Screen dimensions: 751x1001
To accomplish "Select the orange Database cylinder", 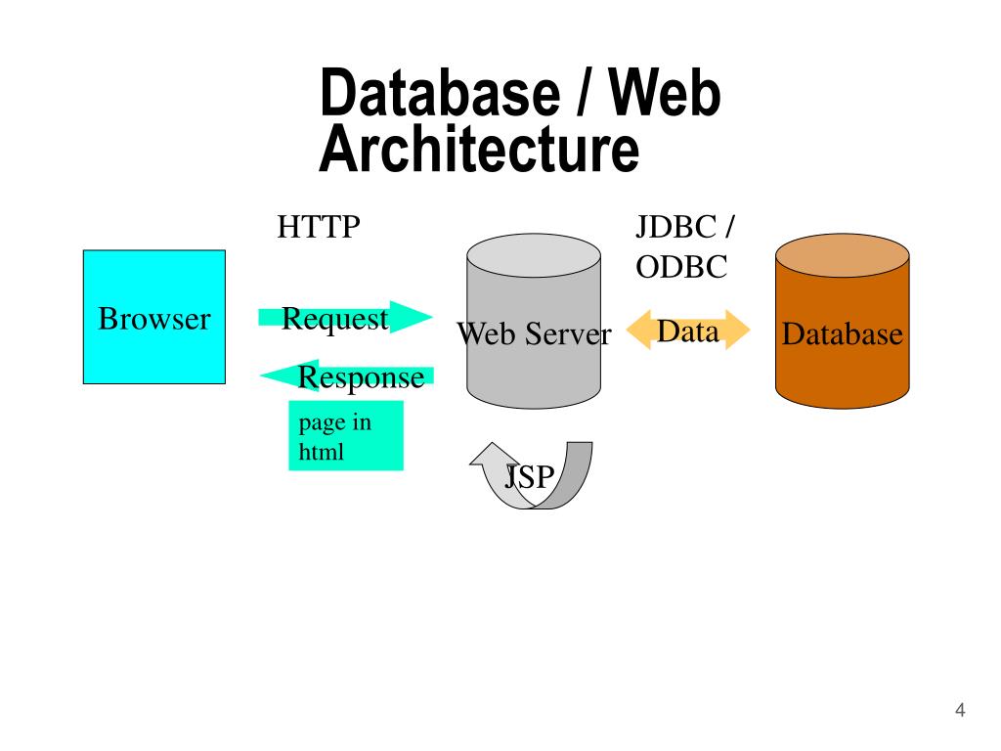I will (x=842, y=376).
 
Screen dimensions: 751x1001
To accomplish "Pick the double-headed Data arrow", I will (x=688, y=331).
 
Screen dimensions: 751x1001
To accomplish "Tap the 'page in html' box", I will (x=345, y=436).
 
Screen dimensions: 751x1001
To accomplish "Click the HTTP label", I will (x=319, y=228).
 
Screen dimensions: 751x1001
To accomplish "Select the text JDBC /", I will (x=686, y=228).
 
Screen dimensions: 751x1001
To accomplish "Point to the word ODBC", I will (x=681, y=267).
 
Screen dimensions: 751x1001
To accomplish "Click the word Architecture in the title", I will (x=479, y=151).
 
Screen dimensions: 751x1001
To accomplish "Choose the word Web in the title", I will (x=665, y=95).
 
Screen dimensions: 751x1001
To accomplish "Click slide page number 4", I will (x=960, y=711).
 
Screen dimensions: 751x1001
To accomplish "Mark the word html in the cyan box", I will (x=321, y=453).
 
